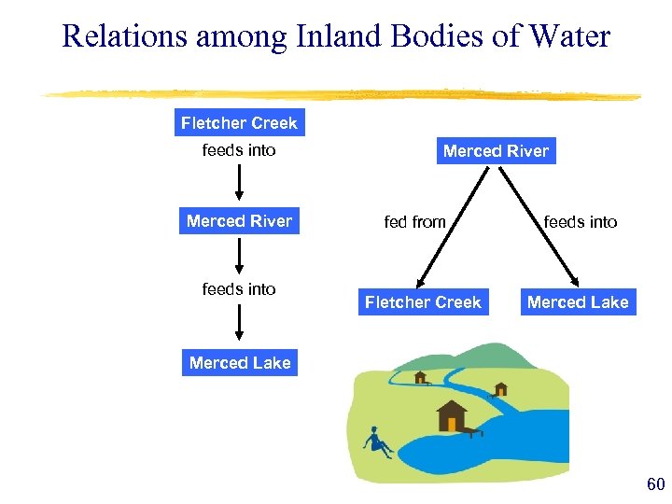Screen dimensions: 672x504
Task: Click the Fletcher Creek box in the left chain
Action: coord(239,123)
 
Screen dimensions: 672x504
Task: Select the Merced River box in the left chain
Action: coord(239,221)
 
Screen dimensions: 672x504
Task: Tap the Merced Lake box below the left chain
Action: coord(240,363)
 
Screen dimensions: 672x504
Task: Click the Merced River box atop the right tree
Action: coord(496,151)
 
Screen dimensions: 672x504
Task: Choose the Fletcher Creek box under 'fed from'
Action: coord(423,302)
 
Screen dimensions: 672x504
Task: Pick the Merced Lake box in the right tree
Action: coord(578,302)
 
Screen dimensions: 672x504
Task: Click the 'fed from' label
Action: coord(414,222)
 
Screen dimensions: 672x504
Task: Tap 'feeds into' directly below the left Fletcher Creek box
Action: coord(239,150)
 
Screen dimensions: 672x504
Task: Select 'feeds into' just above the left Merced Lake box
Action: coord(239,289)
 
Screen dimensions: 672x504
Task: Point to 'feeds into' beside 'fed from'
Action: coord(581,222)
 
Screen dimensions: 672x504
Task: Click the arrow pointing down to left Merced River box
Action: coord(240,185)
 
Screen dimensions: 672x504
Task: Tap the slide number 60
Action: coord(655,483)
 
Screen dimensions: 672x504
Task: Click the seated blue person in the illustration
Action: coord(378,441)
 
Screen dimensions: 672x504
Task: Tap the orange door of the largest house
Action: coord(453,424)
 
